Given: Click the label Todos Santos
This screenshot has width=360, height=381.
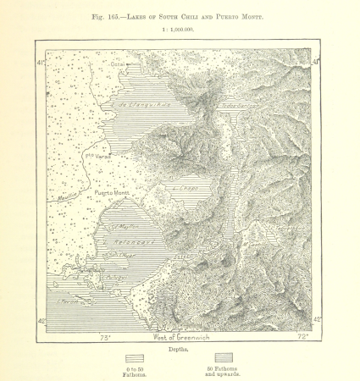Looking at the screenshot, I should pyautogui.click(x=239, y=108).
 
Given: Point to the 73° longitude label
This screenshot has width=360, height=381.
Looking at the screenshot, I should pyautogui.click(x=106, y=337).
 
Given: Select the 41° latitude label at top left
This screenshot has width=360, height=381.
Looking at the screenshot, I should pyautogui.click(x=40, y=63).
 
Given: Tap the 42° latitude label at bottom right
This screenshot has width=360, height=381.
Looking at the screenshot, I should pyautogui.click(x=318, y=320).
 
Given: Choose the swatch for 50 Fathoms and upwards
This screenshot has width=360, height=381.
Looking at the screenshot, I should pyautogui.click(x=224, y=358).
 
